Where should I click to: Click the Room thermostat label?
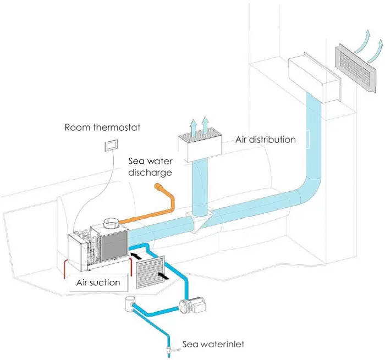102,128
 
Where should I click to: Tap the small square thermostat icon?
112,145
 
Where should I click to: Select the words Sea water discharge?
150,167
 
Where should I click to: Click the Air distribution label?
266,140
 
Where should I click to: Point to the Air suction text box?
98,283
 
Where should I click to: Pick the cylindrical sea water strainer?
131,303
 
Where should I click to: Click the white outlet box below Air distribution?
200,145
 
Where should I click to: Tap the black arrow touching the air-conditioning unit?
136,254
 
